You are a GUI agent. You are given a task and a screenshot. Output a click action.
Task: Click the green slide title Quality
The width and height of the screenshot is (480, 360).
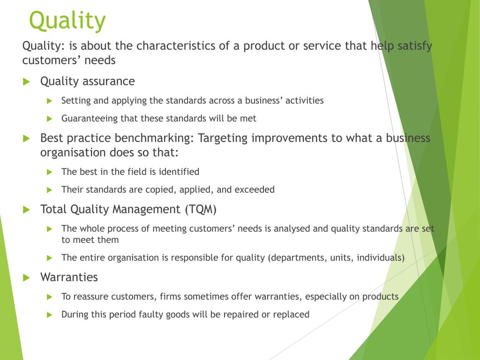coord(67,21)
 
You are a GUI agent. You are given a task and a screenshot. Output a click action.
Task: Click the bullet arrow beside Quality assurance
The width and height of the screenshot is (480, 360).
coord(26,82)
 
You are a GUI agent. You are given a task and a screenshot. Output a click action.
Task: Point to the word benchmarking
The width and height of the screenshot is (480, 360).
coord(159,138)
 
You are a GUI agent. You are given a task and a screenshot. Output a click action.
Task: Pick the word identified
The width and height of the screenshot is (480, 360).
coord(179,172)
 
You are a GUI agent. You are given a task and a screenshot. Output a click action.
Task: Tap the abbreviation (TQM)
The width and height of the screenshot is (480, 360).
coord(200,210)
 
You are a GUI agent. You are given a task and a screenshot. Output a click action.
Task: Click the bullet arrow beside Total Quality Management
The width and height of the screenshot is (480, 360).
coord(26,210)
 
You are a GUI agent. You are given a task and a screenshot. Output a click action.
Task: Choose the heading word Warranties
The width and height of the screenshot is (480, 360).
coord(69,277)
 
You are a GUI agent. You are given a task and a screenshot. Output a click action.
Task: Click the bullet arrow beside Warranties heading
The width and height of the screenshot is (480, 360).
coord(26,277)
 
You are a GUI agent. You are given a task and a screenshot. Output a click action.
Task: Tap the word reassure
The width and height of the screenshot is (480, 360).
coord(91,297)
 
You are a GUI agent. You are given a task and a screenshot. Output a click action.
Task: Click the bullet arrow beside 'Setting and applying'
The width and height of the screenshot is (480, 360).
coord(50,101)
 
